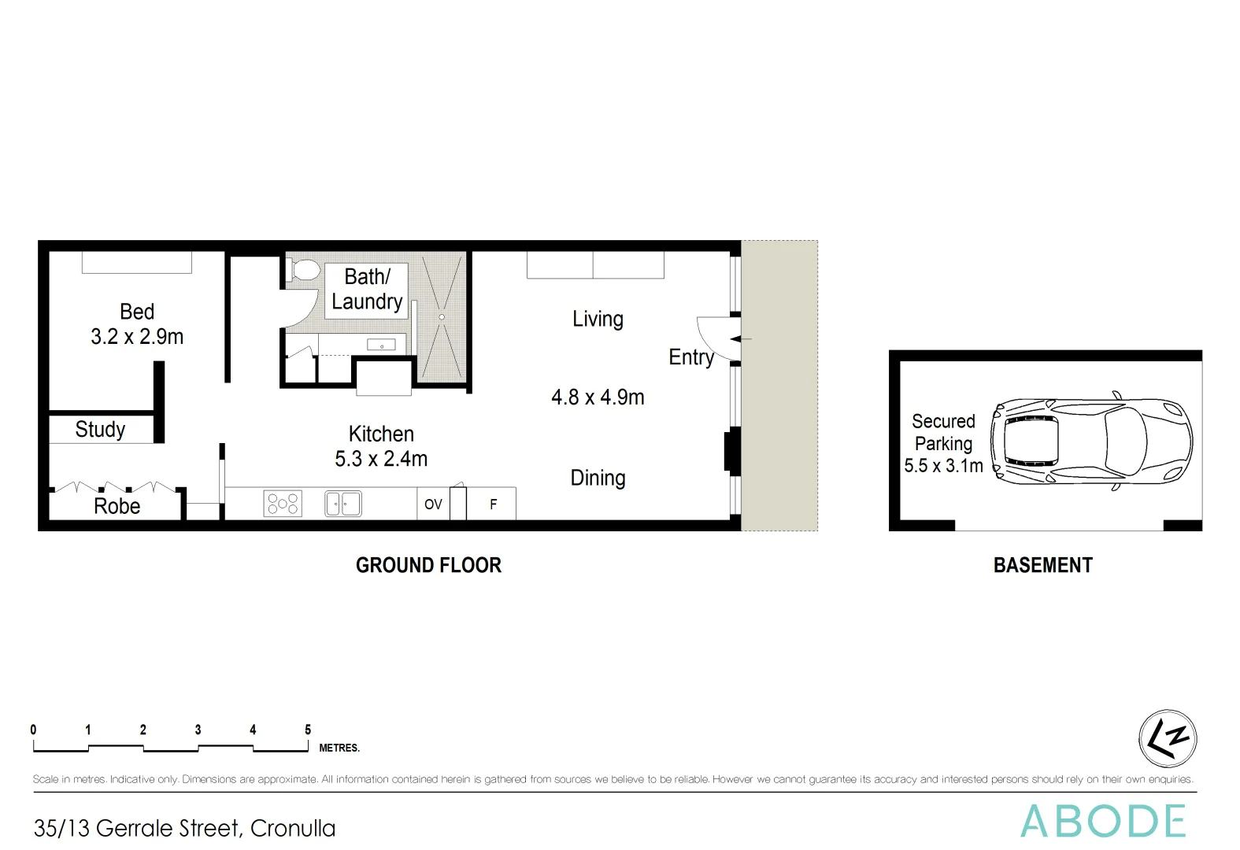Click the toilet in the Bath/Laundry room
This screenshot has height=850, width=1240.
click(303, 272)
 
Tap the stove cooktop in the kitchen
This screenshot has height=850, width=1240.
click(283, 504)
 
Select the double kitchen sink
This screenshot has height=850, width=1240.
click(343, 504)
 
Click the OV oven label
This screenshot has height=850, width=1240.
click(433, 504)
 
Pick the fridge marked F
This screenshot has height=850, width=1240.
click(494, 504)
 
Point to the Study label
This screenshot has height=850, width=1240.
click(100, 430)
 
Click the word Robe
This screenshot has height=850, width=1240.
click(117, 506)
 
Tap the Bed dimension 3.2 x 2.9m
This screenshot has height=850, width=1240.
click(137, 337)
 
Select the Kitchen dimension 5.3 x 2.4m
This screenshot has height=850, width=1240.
click(381, 459)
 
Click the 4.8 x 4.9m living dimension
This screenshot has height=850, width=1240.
click(598, 397)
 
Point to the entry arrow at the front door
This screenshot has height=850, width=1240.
click(740, 339)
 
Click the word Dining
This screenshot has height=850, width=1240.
click(598, 479)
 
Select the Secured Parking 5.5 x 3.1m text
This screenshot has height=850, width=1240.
click(943, 444)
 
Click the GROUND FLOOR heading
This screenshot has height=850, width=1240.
click(428, 565)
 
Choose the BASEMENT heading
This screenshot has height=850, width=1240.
click(1042, 565)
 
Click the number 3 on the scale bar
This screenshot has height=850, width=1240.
click(198, 730)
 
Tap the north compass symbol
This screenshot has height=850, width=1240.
click(1168, 738)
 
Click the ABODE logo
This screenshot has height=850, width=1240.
click(1103, 822)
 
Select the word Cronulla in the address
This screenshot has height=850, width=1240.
click(293, 829)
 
